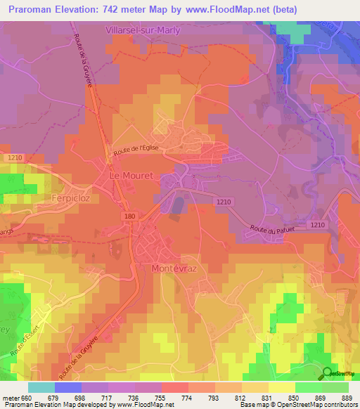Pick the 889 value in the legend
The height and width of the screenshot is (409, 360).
[347, 398]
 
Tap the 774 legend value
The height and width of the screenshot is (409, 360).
[187, 398]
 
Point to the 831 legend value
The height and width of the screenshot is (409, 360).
[267, 398]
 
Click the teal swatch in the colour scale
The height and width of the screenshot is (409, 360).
[41, 387]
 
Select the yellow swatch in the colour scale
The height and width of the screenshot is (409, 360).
[281, 387]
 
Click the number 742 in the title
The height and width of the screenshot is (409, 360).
[122, 10]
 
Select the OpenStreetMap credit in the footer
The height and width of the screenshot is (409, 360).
[328, 405]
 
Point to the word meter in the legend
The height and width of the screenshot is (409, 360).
[13, 398]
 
